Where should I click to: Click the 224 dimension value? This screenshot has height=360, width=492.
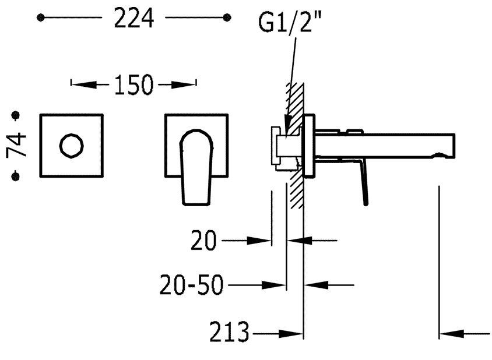[x=134, y=18]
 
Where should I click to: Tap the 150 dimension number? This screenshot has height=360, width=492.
[x=133, y=84]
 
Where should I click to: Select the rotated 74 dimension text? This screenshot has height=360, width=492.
[x=16, y=144]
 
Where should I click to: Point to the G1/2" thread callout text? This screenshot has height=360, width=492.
[x=285, y=22]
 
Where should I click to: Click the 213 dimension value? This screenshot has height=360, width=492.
[x=229, y=332]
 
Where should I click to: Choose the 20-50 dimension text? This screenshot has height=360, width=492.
[x=191, y=285]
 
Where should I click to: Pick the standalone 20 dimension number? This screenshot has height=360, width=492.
[x=203, y=240]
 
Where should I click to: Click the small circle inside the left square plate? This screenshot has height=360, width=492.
[x=72, y=146]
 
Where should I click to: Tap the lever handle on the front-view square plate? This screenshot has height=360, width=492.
[x=196, y=167]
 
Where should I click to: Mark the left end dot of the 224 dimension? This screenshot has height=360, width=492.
[x=40, y=17]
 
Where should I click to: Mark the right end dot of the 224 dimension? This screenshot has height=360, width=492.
[x=227, y=17]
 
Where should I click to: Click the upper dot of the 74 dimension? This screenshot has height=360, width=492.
[x=15, y=115]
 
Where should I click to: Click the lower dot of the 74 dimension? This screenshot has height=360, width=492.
[x=15, y=177]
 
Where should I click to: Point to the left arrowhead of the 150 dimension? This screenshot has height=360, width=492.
[x=84, y=84]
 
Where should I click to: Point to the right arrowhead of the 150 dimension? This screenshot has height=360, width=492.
[x=184, y=84]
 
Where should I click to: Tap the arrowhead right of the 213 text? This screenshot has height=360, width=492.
[x=291, y=333]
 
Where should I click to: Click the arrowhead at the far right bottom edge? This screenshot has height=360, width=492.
[x=452, y=333]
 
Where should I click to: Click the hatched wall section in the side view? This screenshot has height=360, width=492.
[x=295, y=145]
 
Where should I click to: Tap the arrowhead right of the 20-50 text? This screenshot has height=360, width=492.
[x=273, y=285]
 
